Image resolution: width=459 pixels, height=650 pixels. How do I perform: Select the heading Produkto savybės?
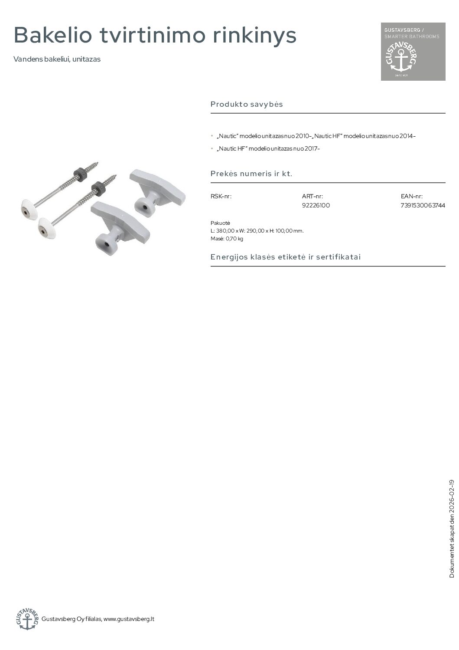point(247,104)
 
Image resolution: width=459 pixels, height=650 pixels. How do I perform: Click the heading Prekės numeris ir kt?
point(251,174)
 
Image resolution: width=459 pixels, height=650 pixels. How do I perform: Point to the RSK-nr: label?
point(221,196)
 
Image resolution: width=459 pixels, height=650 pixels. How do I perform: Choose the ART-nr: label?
point(313,196)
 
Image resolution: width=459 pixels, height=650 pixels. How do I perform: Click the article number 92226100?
point(316,205)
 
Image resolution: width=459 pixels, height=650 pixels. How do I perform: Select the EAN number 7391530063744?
point(423,205)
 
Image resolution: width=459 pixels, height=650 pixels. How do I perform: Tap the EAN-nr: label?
point(412,196)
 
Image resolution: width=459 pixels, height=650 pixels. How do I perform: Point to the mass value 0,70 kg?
point(234,239)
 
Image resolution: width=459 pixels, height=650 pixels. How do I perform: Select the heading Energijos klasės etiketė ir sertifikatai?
point(286,257)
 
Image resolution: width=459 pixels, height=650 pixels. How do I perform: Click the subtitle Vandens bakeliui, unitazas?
point(57,59)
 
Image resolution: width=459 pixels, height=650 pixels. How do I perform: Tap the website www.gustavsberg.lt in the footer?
point(129,619)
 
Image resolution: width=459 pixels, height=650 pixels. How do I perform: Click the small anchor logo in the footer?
point(27,619)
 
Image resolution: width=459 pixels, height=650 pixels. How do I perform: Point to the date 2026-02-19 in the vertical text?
point(452,495)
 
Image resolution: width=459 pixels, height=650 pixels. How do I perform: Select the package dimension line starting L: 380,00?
point(257,231)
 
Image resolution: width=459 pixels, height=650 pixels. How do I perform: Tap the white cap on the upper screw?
point(29,210)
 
